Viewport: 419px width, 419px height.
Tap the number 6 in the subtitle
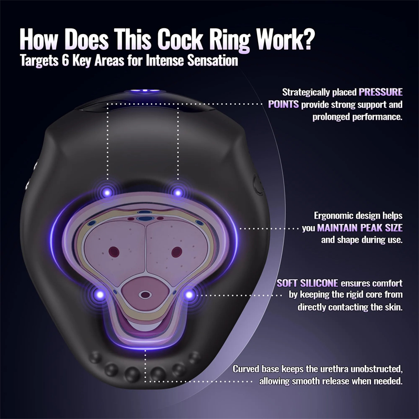click(x=65, y=61)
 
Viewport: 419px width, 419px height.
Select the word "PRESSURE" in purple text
click(x=381, y=92)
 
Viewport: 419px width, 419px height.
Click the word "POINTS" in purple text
click(x=283, y=104)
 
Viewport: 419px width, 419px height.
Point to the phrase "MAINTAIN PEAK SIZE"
click(x=360, y=228)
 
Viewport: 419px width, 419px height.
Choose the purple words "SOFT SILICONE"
click(x=307, y=283)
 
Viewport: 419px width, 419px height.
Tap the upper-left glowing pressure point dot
click(x=107, y=192)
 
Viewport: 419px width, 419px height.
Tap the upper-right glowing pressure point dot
click(x=178, y=192)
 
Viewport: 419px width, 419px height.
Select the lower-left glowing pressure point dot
click(x=100, y=295)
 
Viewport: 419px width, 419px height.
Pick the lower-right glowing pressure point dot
click(x=189, y=295)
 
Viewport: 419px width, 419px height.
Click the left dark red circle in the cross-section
click(x=114, y=252)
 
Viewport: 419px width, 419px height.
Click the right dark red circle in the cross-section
click(x=177, y=252)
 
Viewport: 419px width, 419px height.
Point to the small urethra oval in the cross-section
click(x=145, y=295)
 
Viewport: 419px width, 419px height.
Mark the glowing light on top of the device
click(x=145, y=91)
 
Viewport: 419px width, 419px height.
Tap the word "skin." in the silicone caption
click(x=393, y=307)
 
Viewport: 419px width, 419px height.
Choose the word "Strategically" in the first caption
click(x=306, y=93)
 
